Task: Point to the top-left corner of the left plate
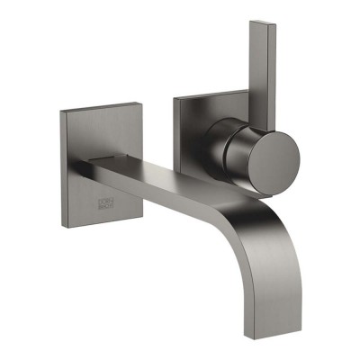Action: point(61,111)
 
